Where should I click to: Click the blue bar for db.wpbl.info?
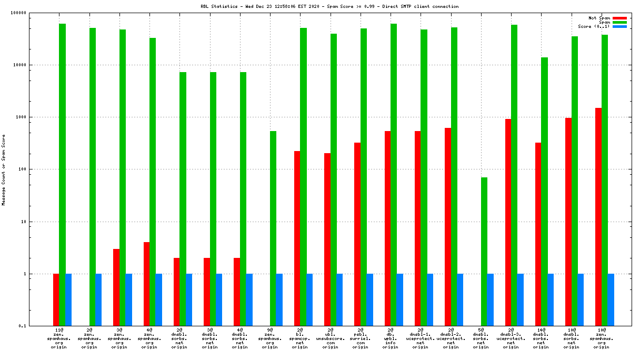[400, 299]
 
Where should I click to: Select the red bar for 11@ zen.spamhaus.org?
[56, 299]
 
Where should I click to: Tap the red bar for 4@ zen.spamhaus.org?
[146, 284]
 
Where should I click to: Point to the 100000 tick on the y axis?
[33, 13]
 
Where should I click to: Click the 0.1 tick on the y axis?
[36, 326]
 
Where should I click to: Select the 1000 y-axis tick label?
[35, 117]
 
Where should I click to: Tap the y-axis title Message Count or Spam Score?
[4, 169]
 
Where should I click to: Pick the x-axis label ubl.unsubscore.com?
[330, 339]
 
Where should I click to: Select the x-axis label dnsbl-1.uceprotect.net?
[421, 339]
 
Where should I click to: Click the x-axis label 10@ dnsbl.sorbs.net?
[572, 339]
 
